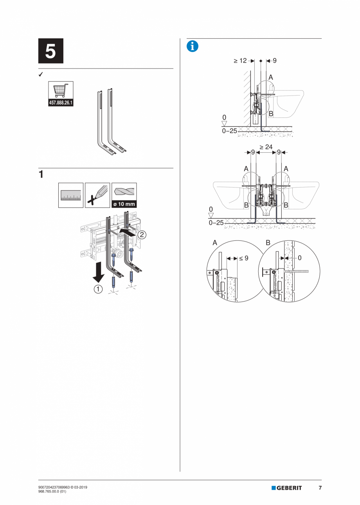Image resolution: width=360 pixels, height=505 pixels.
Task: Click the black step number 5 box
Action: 51,51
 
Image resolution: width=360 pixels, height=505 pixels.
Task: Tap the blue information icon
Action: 193,46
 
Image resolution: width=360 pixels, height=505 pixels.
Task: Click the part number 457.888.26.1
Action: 61,103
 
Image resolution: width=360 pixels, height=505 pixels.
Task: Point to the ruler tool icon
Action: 71,195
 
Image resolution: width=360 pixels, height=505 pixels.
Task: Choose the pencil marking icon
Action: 97,195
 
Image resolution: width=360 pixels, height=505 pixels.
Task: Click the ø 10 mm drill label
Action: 124,204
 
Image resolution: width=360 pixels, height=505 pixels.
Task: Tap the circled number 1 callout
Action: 98,289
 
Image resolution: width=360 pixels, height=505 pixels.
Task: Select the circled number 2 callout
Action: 142,235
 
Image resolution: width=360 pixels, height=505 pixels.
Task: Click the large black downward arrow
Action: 99,272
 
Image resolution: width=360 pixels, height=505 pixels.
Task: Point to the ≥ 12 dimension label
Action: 240,61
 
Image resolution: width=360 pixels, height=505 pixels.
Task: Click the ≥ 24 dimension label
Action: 266,147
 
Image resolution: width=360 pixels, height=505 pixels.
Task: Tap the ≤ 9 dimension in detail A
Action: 244,258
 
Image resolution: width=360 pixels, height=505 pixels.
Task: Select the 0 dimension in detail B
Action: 300,258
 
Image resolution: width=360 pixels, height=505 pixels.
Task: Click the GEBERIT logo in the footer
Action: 286,488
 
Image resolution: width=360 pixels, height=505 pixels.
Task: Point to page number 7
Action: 320,488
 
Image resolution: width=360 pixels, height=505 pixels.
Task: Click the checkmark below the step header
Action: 41,74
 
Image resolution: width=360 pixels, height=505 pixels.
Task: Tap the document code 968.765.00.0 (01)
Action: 52,491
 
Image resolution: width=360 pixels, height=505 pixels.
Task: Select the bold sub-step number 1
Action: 41,174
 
